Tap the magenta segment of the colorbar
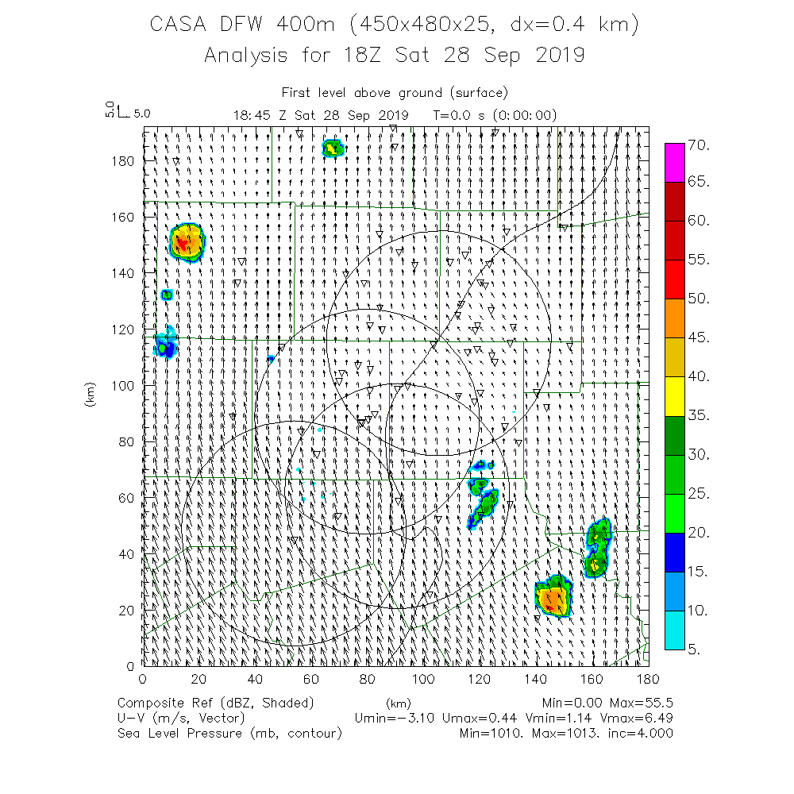point(674,163)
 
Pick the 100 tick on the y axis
point(121,385)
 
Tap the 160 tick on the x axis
point(592,680)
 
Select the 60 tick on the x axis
point(310,680)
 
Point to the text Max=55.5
point(640,703)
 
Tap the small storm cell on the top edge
point(332,148)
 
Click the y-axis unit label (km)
point(90,395)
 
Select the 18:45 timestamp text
point(252,114)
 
